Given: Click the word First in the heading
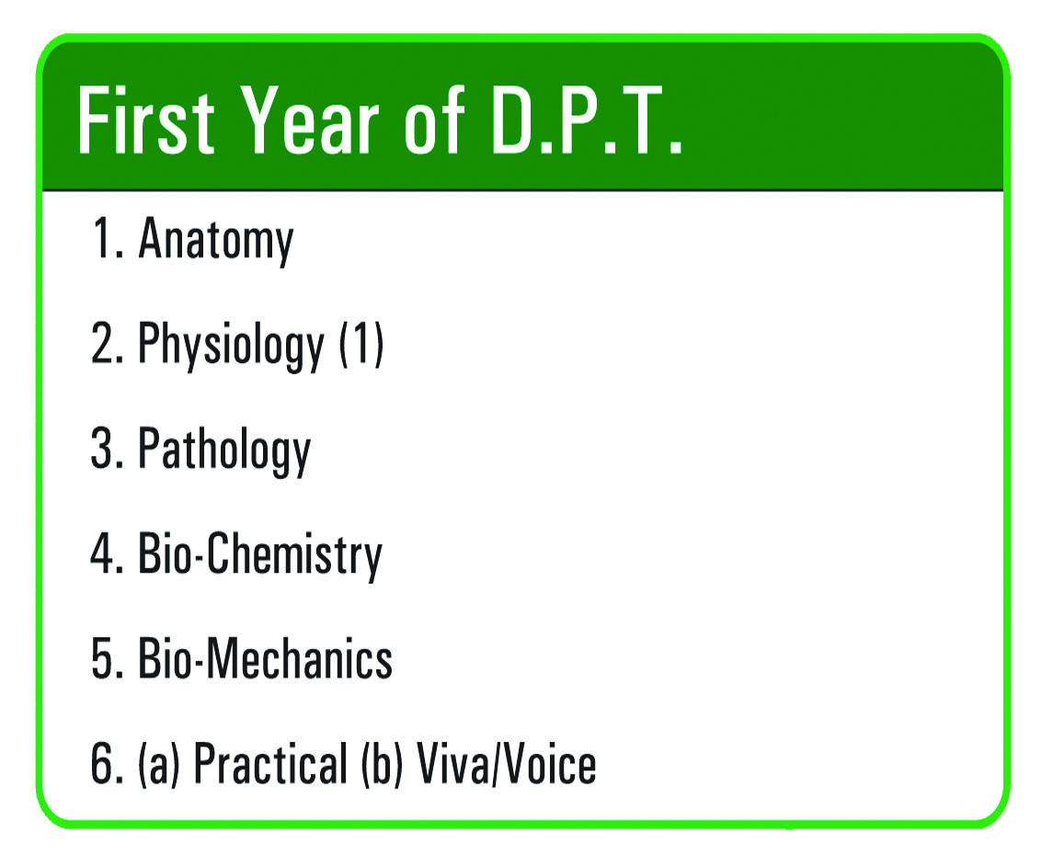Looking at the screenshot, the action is point(145,120).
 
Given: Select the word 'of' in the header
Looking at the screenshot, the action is point(434,120).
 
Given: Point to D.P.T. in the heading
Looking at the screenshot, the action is point(586,120).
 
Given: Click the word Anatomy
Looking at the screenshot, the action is point(216,240).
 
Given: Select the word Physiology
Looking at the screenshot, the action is point(231,345).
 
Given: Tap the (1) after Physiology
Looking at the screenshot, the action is point(361,343).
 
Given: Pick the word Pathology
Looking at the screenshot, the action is point(224,450).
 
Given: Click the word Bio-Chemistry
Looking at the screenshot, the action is point(260,555).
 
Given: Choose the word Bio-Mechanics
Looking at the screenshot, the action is point(265,658).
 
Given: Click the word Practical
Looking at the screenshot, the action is point(270,764).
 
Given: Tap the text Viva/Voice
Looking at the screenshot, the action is point(507,764).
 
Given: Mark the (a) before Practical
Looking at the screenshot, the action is point(159,764).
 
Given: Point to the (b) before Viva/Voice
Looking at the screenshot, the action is point(382,764).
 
